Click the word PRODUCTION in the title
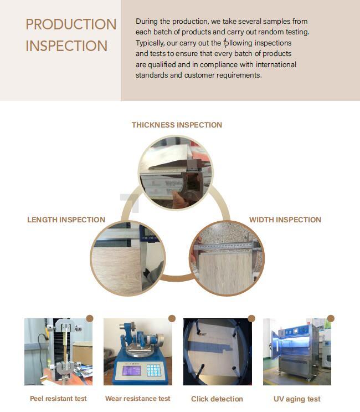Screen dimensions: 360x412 click(x=71, y=24)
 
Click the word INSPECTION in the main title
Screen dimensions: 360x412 click(x=66, y=46)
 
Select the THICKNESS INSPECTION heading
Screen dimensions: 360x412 click(x=177, y=125)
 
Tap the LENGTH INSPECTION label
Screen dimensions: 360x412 click(x=66, y=220)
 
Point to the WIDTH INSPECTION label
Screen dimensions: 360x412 click(x=285, y=220)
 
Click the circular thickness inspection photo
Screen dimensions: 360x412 click(x=176, y=172)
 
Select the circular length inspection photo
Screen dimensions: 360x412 click(x=128, y=258)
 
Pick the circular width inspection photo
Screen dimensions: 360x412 click(x=227, y=258)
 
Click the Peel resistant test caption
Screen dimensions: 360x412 click(x=58, y=399)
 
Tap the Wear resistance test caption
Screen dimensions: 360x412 click(x=138, y=399)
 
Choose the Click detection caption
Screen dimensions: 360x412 click(x=217, y=399)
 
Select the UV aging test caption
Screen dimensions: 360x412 click(x=297, y=399)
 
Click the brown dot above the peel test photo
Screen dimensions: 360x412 click(x=90, y=318)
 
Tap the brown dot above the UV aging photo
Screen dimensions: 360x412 click(x=331, y=318)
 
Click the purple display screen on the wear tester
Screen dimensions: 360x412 click(x=132, y=370)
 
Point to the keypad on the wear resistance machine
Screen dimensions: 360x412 click(x=154, y=370)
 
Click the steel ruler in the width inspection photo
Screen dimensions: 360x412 click(x=227, y=247)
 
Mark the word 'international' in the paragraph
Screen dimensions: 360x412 click(x=276, y=64)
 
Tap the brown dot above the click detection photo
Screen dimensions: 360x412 click(x=251, y=318)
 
